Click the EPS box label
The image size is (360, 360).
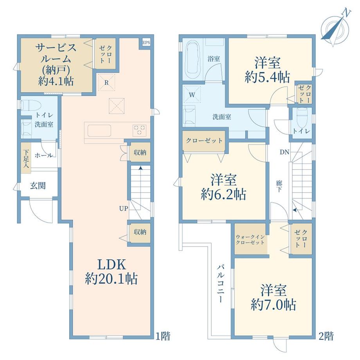click(x=146, y=43)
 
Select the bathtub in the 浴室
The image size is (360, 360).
click(x=193, y=60)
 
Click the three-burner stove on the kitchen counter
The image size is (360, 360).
click(x=139, y=130)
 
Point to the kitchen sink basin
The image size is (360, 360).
click(x=99, y=130)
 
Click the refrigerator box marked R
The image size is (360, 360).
click(x=106, y=83)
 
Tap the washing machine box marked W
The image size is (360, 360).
click(x=192, y=95)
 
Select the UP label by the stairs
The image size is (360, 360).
click(x=124, y=209)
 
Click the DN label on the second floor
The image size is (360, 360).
click(x=284, y=152)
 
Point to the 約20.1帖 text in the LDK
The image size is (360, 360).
click(x=112, y=279)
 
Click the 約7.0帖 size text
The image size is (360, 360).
click(x=274, y=305)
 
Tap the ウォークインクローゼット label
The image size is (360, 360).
click(x=250, y=239)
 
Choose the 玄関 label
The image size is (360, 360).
click(x=38, y=185)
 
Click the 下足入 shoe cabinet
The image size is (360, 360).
click(x=26, y=158)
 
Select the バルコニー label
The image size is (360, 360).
click(x=221, y=283)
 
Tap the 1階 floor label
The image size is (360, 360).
click(x=163, y=337)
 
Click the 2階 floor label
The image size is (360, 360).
click(x=326, y=337)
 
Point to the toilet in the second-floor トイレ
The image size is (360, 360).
click(x=302, y=116)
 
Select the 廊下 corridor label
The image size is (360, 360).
click(x=279, y=186)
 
